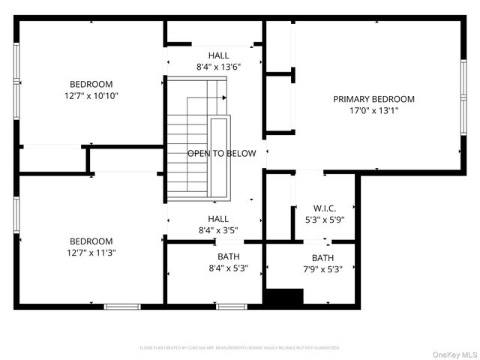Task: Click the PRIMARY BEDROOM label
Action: click(x=373, y=99)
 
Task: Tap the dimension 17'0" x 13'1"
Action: click(x=373, y=110)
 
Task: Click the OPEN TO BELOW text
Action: click(x=221, y=154)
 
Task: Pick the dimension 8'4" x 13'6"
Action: click(x=218, y=66)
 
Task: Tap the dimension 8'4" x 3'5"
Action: click(x=218, y=229)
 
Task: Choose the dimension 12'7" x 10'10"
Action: click(x=91, y=95)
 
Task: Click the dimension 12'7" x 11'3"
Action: click(x=91, y=253)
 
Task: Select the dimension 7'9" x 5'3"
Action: click(x=322, y=269)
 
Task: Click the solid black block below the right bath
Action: click(x=284, y=297)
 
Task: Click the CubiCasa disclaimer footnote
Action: click(x=240, y=348)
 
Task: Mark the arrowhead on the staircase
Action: click(x=224, y=97)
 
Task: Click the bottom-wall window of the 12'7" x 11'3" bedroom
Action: click(x=121, y=306)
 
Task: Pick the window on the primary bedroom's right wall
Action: click(x=463, y=100)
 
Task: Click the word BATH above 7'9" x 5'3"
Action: click(x=322, y=258)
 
